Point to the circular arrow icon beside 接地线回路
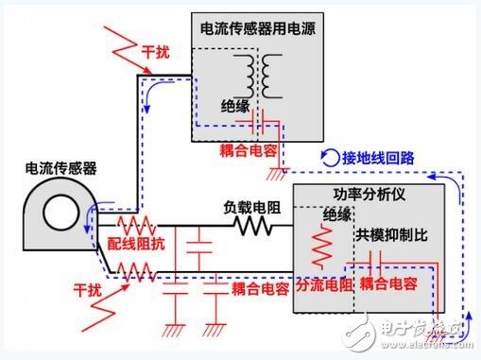(329, 157)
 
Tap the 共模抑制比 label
(387, 233)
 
